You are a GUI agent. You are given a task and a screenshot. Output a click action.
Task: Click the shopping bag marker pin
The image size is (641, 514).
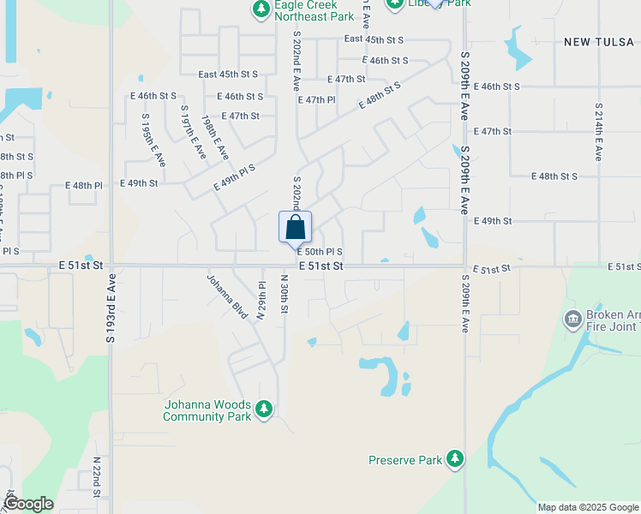tap(296, 228)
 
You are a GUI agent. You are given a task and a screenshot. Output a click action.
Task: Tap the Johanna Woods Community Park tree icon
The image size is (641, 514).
tap(264, 408)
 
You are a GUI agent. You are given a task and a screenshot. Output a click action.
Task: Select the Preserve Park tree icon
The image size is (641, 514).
tap(454, 460)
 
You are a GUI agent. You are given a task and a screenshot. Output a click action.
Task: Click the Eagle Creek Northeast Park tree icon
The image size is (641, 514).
tap(261, 9)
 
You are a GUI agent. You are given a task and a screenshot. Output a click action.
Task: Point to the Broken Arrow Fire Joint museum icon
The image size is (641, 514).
tap(572, 320)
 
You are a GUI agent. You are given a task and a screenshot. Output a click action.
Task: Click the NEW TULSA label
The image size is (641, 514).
tap(599, 41)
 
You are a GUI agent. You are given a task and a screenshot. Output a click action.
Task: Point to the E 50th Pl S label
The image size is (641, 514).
tap(320, 252)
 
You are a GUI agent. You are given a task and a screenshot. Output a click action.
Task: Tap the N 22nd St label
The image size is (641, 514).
tap(97, 476)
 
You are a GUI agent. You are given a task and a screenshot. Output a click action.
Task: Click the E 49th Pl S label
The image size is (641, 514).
tap(234, 177)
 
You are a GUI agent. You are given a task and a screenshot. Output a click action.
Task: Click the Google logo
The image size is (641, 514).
tap(28, 504)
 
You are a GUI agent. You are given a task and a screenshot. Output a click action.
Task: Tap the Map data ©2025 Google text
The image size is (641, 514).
tap(587, 507)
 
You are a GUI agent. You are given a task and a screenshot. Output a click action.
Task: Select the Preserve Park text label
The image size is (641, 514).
tap(404, 460)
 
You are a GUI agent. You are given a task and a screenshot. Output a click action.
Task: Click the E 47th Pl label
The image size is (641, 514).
tap(316, 100)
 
